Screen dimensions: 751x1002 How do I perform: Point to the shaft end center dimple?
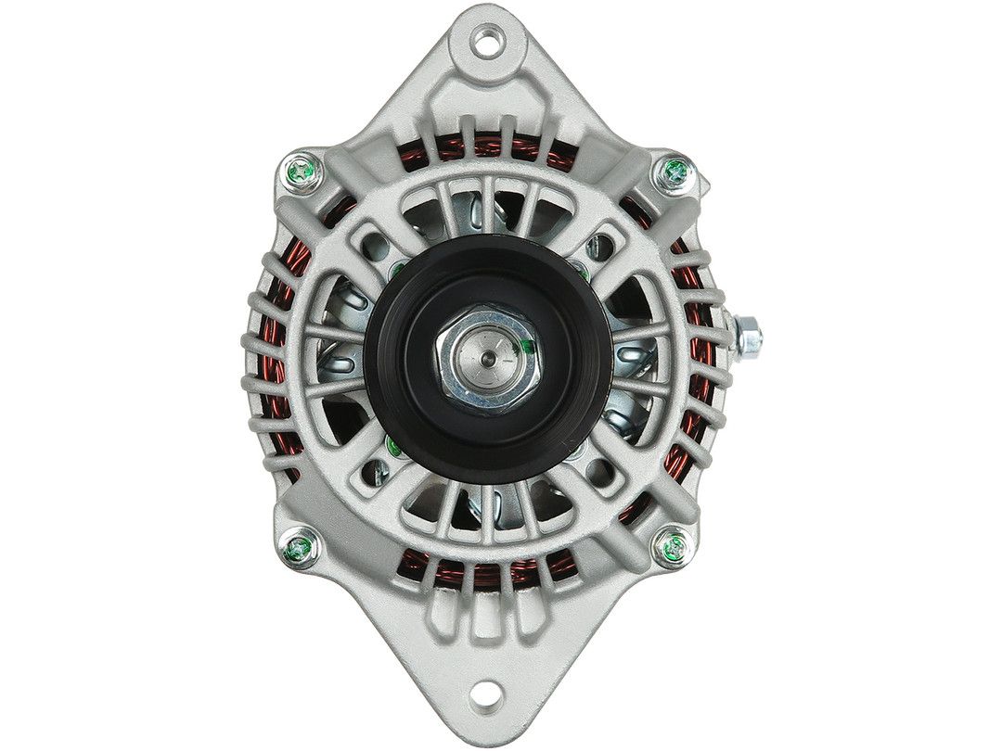[x=487, y=350]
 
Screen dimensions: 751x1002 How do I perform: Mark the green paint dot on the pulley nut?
[x=524, y=349]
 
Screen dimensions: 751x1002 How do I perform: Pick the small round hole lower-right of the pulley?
[x=594, y=469]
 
